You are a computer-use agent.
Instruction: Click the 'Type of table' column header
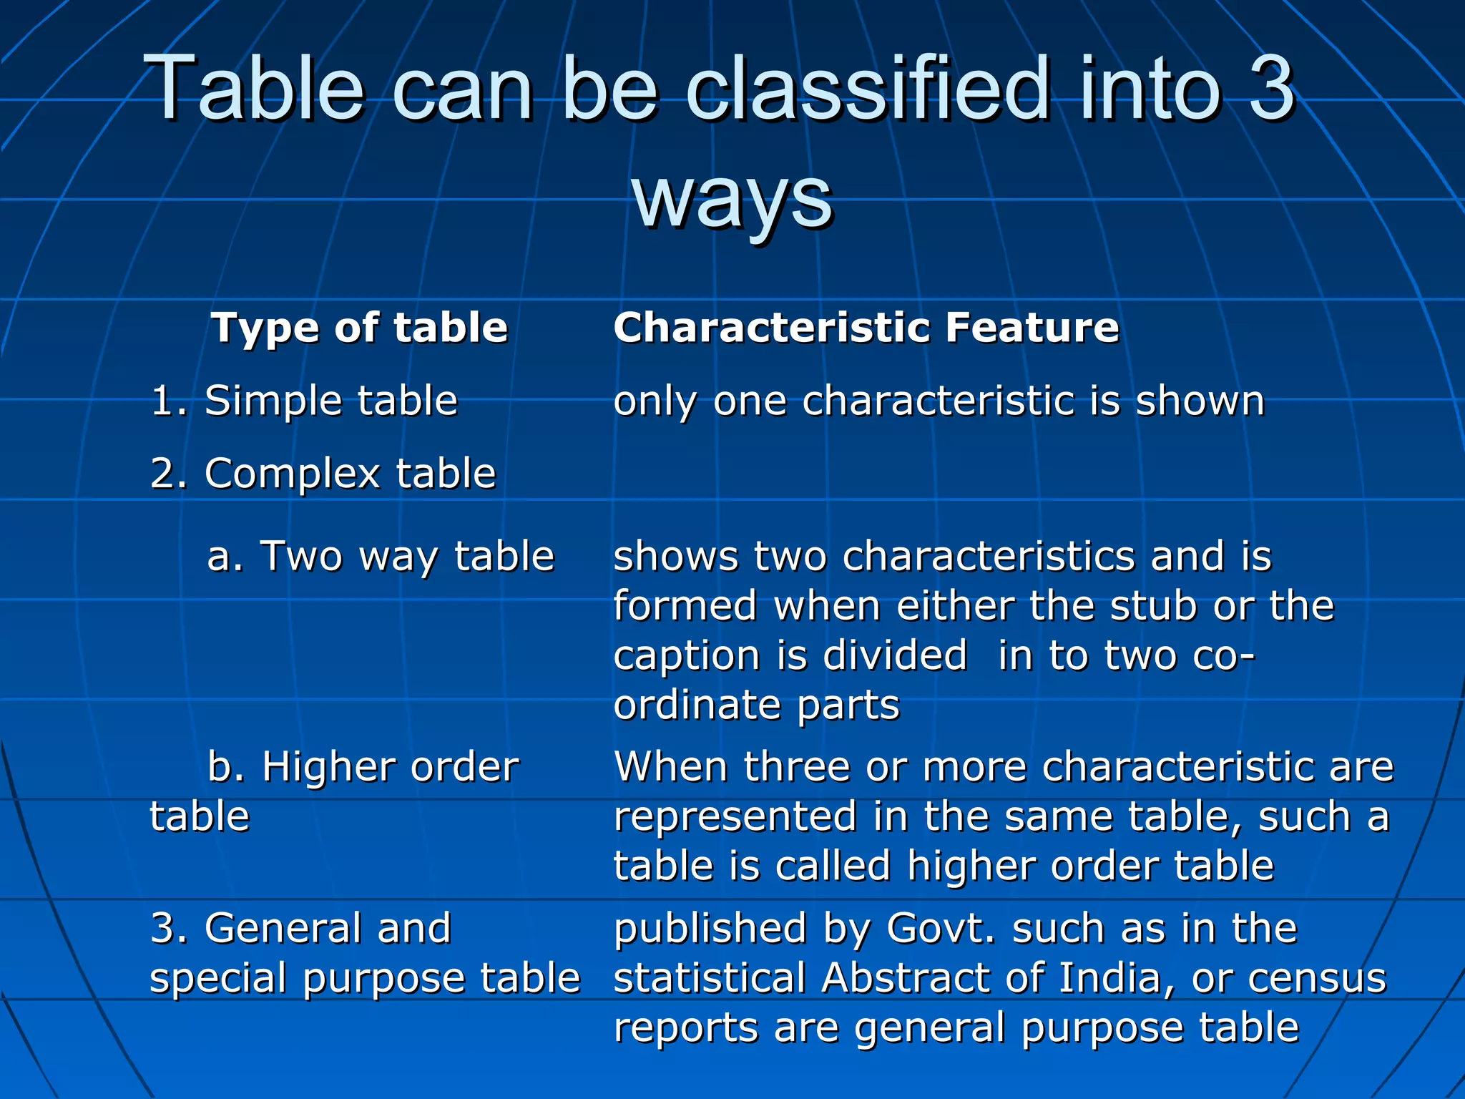tap(359, 328)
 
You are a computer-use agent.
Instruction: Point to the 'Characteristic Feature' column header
tap(866, 328)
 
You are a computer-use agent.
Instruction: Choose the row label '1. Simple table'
tap(304, 400)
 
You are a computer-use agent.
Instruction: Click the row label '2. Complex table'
tap(323, 473)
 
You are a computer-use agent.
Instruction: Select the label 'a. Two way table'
tap(381, 556)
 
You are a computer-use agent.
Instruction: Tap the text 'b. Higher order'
tap(363, 767)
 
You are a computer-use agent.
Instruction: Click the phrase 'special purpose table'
tap(365, 978)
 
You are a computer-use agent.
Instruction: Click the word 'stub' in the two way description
tap(1152, 606)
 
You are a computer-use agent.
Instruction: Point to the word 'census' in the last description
tap(1317, 978)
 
